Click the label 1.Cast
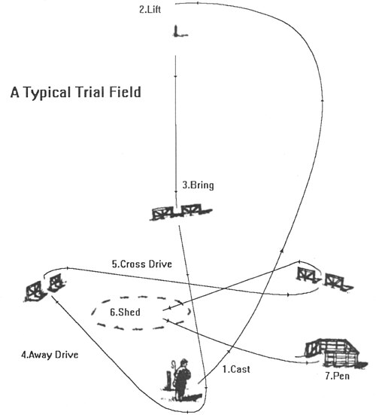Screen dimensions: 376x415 236,369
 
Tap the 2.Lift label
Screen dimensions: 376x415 150,10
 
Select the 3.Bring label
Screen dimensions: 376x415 199,185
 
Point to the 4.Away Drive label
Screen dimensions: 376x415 50,355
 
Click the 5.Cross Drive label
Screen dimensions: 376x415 142,264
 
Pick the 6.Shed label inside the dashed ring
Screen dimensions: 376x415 125,312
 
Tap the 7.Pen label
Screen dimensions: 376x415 338,376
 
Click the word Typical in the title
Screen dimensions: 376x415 47,93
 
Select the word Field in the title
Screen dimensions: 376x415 125,92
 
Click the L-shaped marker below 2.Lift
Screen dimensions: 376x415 180,31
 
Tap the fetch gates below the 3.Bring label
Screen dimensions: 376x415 181,212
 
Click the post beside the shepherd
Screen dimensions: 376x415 168,381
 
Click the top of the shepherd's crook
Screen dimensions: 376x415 174,362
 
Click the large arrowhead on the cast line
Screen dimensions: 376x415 283,250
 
